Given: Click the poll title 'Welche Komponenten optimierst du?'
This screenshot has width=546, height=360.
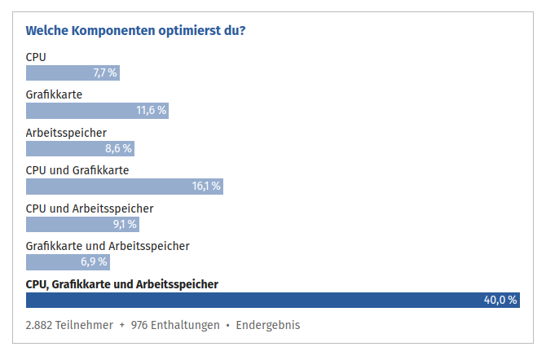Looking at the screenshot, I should (x=136, y=31).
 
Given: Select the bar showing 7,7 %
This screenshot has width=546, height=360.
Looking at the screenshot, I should (x=73, y=73).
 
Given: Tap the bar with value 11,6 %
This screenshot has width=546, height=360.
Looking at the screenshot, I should (x=97, y=111).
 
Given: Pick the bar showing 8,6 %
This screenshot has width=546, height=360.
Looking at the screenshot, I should (x=79, y=148).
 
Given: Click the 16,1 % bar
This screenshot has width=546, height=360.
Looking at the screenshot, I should (x=124, y=187).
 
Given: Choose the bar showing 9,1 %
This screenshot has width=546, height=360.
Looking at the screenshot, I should (x=82, y=224).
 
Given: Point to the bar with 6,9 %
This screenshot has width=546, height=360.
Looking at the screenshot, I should (x=68, y=262).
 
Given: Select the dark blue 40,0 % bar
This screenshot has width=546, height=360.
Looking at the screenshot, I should (x=273, y=300).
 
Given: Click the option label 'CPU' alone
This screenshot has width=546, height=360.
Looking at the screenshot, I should (x=36, y=57).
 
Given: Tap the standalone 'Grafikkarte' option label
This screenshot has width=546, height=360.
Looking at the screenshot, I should (x=54, y=94).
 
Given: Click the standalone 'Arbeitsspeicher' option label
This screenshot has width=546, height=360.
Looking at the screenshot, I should (x=66, y=133).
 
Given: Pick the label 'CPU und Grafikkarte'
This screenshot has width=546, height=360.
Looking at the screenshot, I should (x=77, y=170).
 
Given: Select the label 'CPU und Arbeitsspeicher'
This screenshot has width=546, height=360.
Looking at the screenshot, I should (x=90, y=208).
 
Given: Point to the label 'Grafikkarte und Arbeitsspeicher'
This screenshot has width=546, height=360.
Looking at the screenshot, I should (x=108, y=245).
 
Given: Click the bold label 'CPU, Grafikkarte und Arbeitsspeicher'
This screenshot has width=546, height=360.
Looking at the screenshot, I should (x=122, y=283).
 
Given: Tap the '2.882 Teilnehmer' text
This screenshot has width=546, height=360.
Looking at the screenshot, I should (x=69, y=325).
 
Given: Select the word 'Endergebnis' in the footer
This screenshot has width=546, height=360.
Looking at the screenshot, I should (x=268, y=325).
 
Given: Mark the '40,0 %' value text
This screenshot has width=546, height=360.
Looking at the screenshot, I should (x=500, y=300).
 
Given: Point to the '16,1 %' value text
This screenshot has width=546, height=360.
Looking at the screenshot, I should (x=206, y=187).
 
